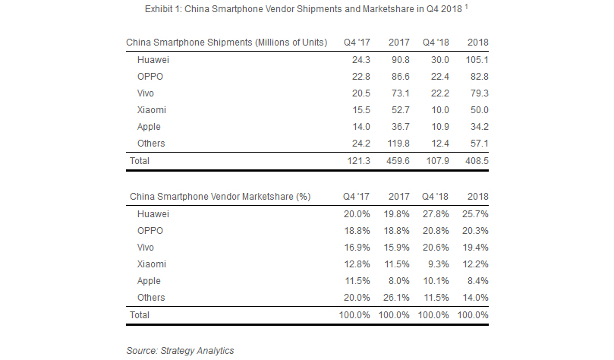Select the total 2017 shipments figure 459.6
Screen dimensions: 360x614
[398, 161]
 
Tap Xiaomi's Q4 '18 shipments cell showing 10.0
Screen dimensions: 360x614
[437, 109]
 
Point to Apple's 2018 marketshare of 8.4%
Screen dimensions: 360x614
[475, 281]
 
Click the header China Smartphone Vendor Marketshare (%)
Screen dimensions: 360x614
[221, 196]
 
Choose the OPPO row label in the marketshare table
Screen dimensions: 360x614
[150, 230]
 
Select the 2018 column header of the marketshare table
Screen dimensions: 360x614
[477, 196]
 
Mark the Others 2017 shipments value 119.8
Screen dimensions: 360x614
[398, 143]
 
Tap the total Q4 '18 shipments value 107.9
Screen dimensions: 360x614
[436, 161]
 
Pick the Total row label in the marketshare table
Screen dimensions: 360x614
[140, 314]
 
